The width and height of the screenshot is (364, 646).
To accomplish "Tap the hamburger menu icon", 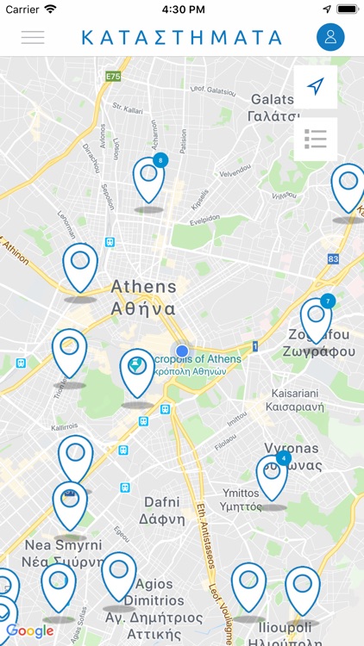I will click(x=33, y=37).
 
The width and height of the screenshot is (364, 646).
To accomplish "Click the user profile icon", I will click(x=330, y=37).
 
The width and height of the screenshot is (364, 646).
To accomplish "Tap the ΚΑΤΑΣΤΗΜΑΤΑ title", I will click(x=182, y=37).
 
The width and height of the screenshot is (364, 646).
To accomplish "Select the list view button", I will click(x=316, y=139).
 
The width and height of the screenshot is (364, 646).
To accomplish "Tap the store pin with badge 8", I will click(x=149, y=179).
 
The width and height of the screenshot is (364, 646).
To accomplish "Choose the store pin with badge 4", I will click(x=273, y=476).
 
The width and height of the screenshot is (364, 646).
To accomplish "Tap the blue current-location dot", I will click(x=182, y=351).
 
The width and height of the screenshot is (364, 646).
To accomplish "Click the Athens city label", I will click(x=144, y=296).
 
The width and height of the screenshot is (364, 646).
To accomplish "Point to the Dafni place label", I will click(x=162, y=510).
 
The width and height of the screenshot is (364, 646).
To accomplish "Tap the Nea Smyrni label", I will click(x=63, y=553).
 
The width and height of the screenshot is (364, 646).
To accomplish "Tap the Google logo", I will click(x=30, y=631).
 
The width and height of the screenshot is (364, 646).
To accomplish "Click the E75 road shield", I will click(x=113, y=77).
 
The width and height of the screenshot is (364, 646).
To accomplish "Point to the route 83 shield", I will click(x=333, y=258).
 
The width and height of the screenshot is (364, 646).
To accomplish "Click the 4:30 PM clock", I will click(x=182, y=9).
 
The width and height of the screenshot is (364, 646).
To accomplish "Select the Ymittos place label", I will click(x=235, y=500).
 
